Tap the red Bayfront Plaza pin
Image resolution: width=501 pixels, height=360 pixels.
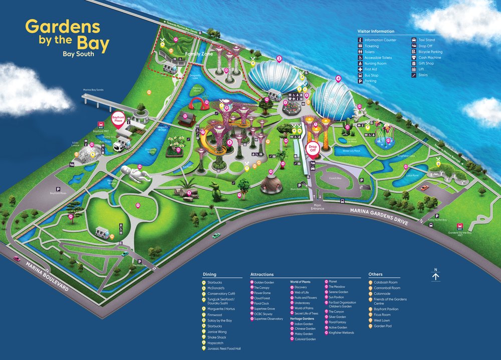coord(117,120)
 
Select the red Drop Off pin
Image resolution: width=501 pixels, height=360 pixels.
coord(313,149)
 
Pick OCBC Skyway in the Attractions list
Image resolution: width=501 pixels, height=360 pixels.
coord(264,313)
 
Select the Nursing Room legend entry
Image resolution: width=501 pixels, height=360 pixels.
coord(375,64)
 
